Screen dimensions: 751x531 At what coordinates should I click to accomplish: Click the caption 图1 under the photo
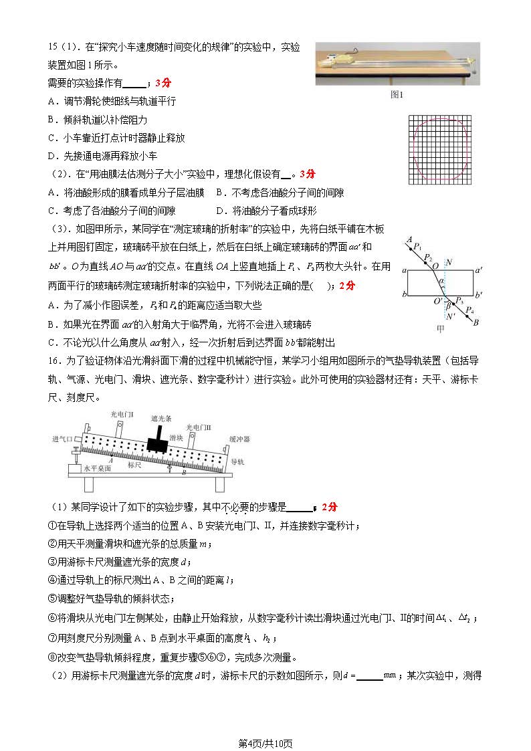pyautogui.click(x=397, y=94)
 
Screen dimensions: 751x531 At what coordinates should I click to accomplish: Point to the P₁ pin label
pyautogui.click(x=418, y=247)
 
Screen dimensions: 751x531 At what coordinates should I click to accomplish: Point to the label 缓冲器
pyautogui.click(x=240, y=439)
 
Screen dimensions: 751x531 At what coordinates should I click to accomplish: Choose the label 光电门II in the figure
pyautogui.click(x=199, y=427)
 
